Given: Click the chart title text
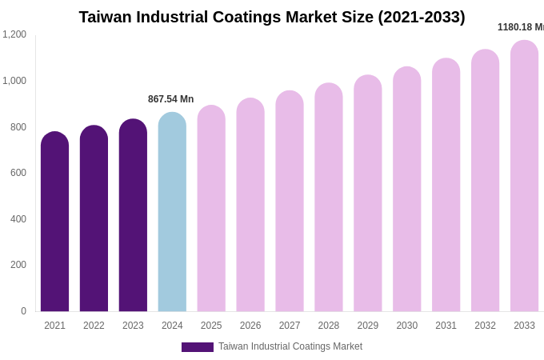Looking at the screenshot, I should coord(272,17).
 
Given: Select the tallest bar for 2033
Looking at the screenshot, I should coord(524,176).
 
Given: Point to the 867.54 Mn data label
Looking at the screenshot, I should coord(170,99).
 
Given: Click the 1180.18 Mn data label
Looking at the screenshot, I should coord(520,27).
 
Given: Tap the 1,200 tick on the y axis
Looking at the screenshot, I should coord(14,34).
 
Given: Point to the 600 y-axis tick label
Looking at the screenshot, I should coord(18,173).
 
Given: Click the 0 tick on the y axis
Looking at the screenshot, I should coord(23,311).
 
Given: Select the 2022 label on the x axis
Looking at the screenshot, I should coord(94,326).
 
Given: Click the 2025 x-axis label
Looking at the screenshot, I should coord(211,326).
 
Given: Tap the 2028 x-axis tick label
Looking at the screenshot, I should coord(329,326).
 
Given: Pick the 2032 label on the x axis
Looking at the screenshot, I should coord(485,326).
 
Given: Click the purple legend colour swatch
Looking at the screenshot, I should coord(197,347).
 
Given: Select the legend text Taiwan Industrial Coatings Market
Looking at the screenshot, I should coord(290,346).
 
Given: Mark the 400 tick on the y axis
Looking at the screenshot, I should coord(18,219).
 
